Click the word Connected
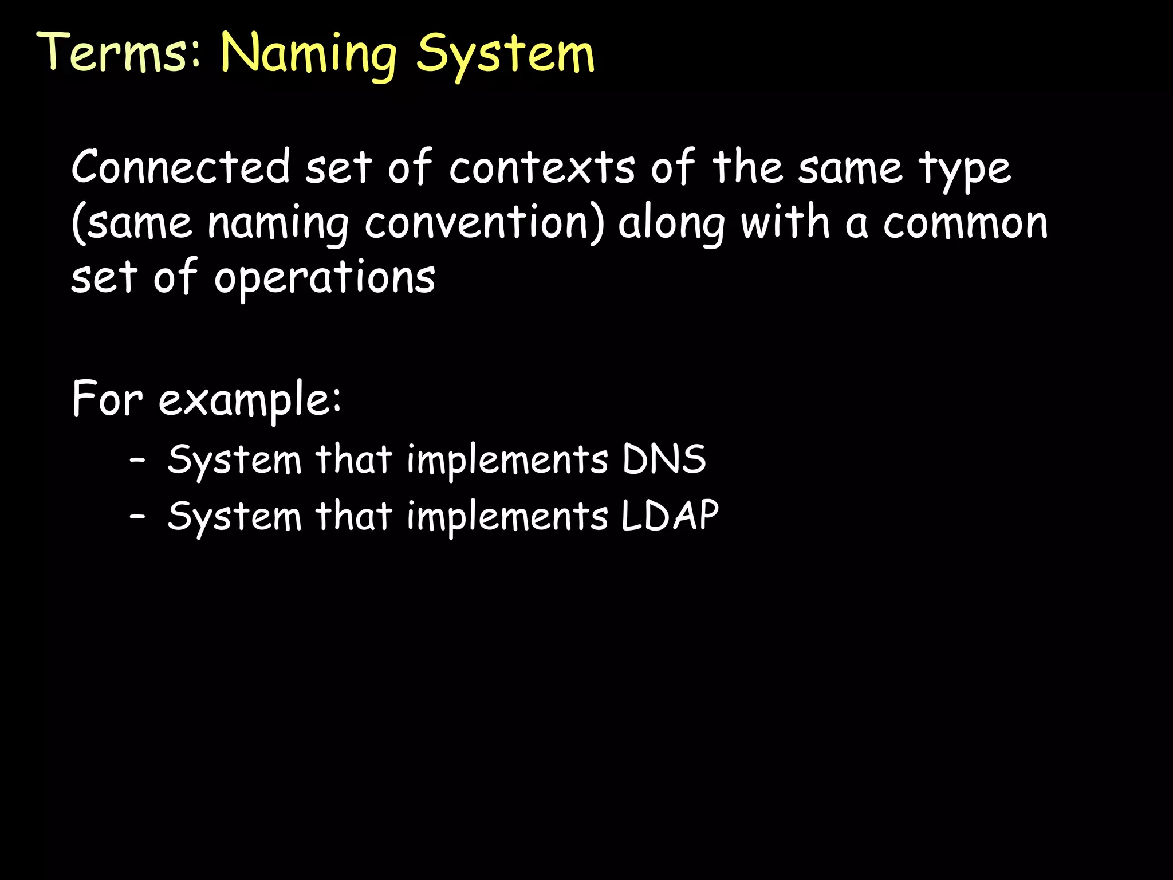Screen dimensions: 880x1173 (181, 167)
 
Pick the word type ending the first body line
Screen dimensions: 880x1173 (965, 171)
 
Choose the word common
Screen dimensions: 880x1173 (965, 223)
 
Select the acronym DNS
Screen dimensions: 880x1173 (664, 459)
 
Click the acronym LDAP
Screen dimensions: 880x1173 (670, 516)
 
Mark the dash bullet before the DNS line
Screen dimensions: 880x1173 (137, 460)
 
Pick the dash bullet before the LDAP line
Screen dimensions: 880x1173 (137, 516)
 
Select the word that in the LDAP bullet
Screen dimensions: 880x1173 (353, 516)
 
